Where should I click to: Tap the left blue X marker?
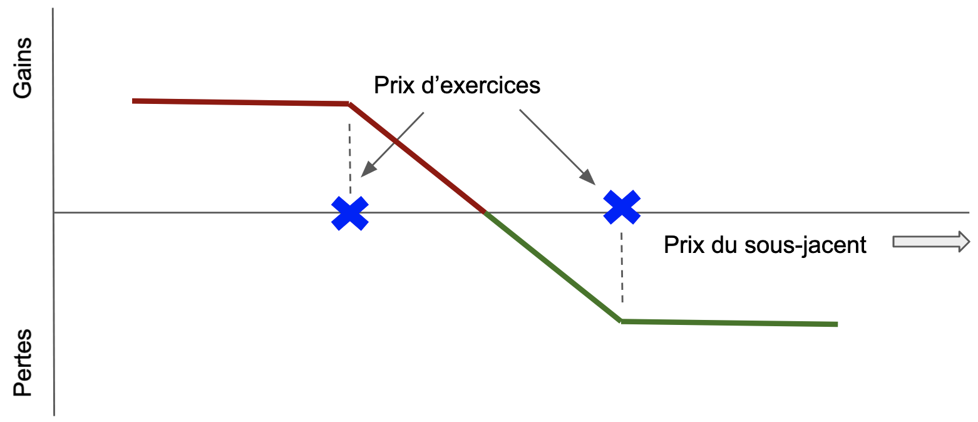[350, 213]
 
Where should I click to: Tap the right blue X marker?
[622, 207]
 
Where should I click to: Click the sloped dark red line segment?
[417, 158]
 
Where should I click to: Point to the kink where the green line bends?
[621, 321]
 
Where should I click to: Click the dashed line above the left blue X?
[350, 157]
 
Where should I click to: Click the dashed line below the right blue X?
[622, 269]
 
